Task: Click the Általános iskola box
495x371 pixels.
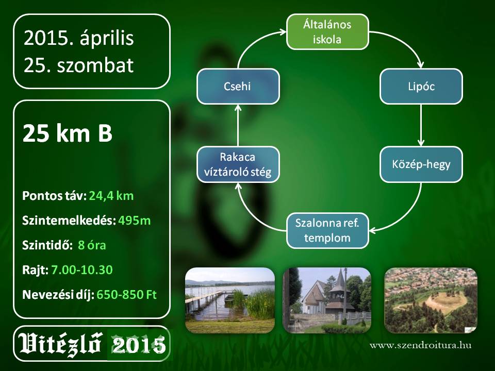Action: click(327, 32)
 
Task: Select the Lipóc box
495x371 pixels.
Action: click(421, 87)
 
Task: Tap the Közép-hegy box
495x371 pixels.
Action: click(421, 164)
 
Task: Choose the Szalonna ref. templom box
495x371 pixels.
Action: click(327, 231)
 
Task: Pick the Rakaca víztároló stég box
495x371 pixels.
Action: click(238, 164)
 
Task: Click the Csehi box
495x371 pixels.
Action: click(238, 87)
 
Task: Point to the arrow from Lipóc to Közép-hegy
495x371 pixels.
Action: click(421, 125)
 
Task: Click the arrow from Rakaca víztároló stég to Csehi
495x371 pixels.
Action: click(238, 125)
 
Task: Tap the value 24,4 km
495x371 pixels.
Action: click(111, 196)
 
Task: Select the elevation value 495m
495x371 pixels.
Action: click(135, 221)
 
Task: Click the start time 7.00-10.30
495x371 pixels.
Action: click(82, 269)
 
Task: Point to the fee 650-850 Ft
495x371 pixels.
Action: click(127, 295)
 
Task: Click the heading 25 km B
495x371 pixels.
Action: click(68, 133)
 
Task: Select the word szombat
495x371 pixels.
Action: click(95, 65)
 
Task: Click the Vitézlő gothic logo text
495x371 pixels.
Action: click(60, 344)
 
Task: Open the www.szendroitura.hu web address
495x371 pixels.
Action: click(421, 345)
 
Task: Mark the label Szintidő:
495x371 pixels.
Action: click(47, 245)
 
